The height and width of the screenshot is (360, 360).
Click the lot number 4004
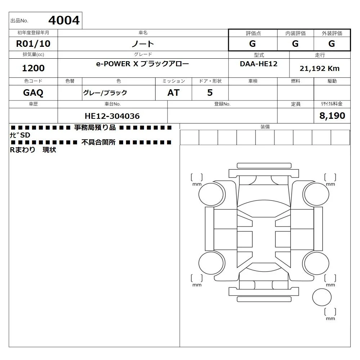tap(64, 20)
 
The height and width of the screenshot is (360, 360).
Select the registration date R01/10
tap(33, 44)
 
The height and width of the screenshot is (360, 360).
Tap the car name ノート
tap(143, 44)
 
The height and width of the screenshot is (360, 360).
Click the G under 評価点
tap(252, 44)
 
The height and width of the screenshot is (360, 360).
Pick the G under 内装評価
tap(295, 44)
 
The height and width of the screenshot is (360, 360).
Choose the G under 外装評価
tap(332, 44)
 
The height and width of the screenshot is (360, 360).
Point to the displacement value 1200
tap(33, 68)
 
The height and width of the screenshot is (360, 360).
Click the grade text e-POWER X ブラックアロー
tap(143, 64)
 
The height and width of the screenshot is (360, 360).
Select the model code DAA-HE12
tap(258, 64)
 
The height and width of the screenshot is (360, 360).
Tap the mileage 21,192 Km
tap(320, 68)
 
